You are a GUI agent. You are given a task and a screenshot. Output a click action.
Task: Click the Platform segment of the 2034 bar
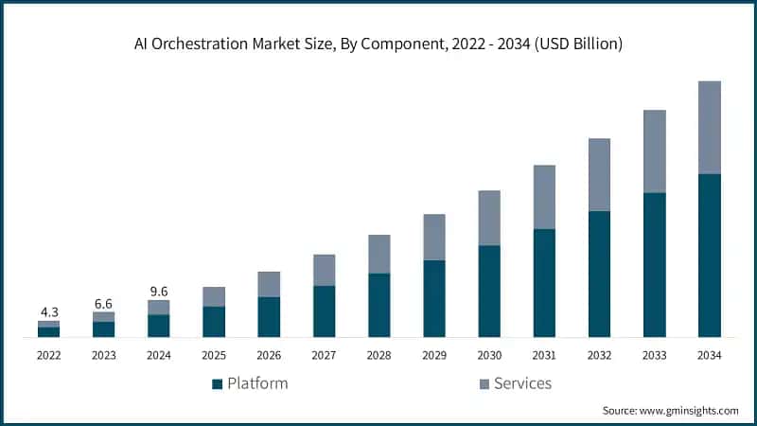[x=710, y=256]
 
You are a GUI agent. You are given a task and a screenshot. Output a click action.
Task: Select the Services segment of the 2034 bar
[x=710, y=127]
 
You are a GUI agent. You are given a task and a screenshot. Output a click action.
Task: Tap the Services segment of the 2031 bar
[x=544, y=197]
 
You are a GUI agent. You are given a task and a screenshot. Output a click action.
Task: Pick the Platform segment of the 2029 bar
[x=434, y=298]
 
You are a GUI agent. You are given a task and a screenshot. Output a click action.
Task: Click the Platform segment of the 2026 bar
[x=269, y=317]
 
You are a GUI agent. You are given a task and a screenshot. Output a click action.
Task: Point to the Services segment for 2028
[x=379, y=254]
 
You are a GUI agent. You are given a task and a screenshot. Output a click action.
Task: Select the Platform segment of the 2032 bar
[x=599, y=274]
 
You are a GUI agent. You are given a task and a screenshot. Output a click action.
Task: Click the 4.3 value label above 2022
[x=49, y=311]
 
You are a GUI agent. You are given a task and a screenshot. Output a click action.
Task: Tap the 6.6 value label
[x=104, y=302]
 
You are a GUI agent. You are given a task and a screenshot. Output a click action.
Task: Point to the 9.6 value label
[x=159, y=291]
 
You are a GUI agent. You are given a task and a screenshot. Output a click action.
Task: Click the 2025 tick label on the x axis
[x=214, y=355]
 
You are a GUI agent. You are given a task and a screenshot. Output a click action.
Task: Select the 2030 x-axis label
[x=489, y=355]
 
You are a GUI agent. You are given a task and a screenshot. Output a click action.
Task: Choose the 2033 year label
[x=655, y=355]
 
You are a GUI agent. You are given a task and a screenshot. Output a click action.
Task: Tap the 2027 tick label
[x=325, y=355]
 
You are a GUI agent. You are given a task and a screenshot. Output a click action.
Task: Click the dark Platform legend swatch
[x=217, y=384]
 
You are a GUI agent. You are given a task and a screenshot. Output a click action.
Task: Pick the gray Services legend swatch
[x=484, y=384]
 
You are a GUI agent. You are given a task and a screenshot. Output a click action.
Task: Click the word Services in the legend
[x=522, y=383]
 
